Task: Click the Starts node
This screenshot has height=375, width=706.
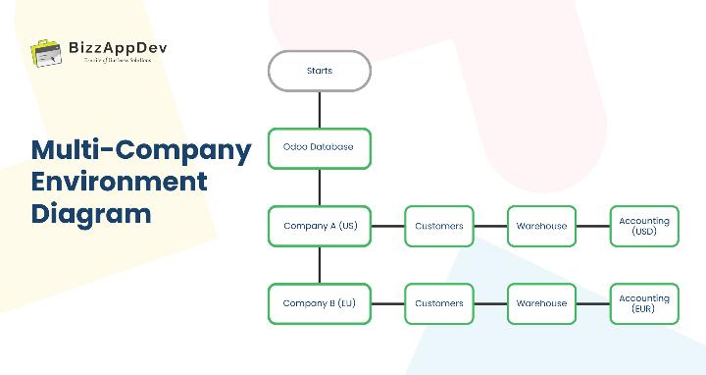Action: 320,71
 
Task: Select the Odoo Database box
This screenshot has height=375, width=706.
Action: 320,147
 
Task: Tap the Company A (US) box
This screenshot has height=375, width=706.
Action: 320,226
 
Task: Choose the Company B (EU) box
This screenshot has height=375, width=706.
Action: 320,303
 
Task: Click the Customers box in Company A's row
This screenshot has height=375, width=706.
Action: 438,226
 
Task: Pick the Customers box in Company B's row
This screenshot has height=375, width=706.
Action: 438,303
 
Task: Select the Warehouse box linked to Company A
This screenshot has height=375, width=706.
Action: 541,226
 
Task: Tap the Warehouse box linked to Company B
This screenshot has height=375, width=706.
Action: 541,303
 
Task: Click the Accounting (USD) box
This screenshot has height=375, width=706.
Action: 644,226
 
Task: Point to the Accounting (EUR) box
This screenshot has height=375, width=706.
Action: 644,303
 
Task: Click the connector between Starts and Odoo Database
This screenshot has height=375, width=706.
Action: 320,109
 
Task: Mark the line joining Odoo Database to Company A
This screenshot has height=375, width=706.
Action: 320,187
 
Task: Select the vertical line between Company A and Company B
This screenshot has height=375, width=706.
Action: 320,265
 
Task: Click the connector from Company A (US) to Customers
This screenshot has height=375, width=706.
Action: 387,226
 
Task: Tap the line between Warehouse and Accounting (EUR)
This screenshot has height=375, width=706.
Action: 593,303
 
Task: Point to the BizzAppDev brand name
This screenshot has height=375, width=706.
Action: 110,45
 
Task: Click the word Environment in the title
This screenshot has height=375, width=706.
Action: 119,182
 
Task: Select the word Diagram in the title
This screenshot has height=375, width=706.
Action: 91,213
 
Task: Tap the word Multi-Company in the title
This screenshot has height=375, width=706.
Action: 141,150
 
